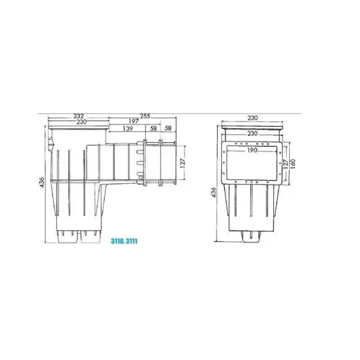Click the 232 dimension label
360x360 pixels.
(x=79, y=116)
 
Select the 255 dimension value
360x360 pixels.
(x=145, y=116)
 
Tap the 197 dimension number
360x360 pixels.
(x=134, y=121)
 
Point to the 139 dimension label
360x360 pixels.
(x=128, y=128)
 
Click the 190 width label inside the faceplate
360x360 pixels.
(x=253, y=150)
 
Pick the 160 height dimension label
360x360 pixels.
(x=293, y=164)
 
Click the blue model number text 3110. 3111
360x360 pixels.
(x=124, y=241)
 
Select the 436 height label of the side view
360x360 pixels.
(x=41, y=182)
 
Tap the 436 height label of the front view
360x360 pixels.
(x=214, y=192)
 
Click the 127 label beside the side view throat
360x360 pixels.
(x=183, y=163)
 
